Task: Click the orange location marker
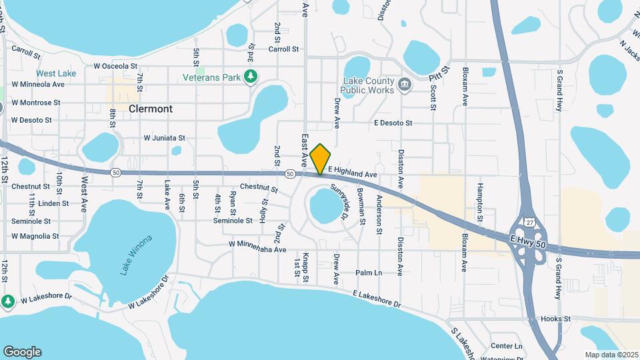(320, 159)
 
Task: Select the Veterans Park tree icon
(251, 77)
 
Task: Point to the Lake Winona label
(136, 255)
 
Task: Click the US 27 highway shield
(529, 221)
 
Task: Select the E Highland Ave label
(353, 173)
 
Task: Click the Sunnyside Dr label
(339, 203)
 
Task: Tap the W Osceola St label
(115, 66)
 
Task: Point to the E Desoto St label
(393, 123)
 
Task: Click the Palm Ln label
(369, 273)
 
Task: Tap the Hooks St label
(556, 319)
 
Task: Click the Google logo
(22, 352)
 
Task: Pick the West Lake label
(56, 73)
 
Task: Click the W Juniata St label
(164, 137)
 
